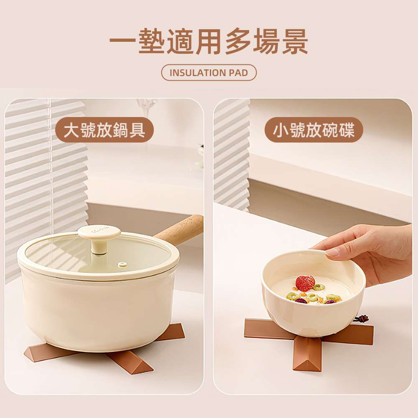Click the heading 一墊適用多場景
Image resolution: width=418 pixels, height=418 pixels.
coord(209,42)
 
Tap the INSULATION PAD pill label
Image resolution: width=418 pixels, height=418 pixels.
coord(209,73)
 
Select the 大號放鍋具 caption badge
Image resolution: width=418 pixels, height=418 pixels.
coord(104,130)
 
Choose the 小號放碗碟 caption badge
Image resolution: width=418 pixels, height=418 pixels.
coord(313,130)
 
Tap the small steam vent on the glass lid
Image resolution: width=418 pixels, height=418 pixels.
coord(122,264)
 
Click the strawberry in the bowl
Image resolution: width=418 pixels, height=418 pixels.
coord(305,283)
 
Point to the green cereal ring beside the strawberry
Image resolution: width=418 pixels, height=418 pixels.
coord(319,287)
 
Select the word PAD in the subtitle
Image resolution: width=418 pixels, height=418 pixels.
coord(238,73)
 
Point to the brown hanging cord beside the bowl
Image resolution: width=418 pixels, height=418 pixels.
coord(360,319)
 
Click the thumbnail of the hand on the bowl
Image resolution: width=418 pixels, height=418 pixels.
coord(333,252)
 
